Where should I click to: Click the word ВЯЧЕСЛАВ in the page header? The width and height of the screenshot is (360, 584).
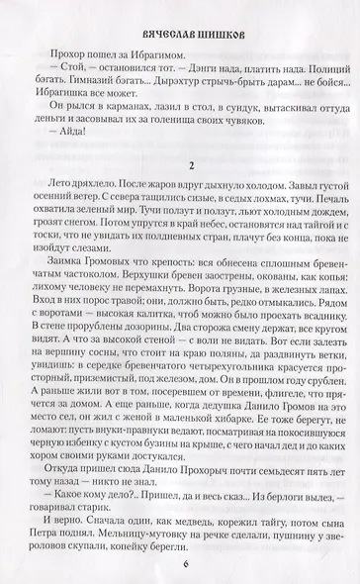click(x=151, y=30)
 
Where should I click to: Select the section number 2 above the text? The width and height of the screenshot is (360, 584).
click(x=179, y=161)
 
